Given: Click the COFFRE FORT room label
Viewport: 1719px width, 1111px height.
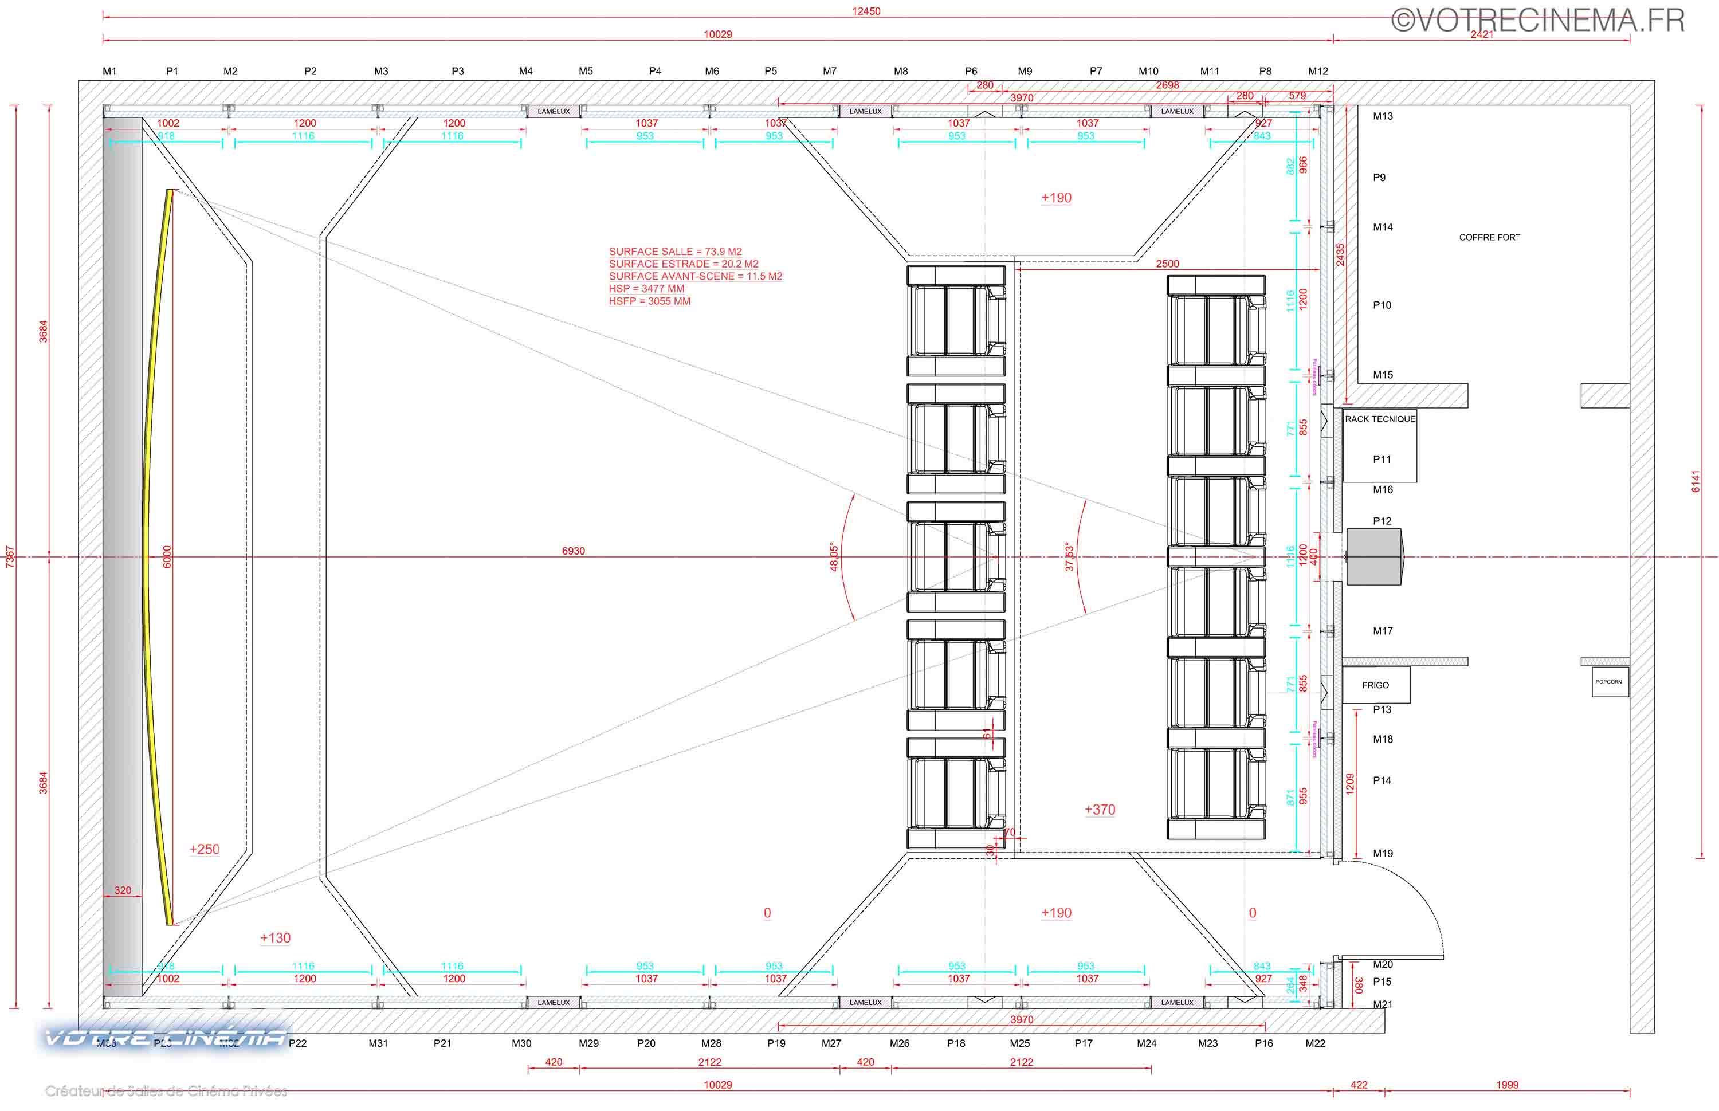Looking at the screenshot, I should coord(1489,237).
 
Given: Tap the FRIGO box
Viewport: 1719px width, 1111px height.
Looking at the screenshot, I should coord(1375,685).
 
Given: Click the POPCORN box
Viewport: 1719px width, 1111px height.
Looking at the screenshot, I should coord(1608,682).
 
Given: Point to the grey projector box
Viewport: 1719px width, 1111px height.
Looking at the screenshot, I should coord(1373,556).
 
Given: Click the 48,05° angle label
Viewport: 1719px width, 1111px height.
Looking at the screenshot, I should coord(834,557).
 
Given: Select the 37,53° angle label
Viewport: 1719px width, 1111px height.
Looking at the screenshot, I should coord(1069,557).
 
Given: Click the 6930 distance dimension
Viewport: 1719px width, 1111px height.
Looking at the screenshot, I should coord(574,551).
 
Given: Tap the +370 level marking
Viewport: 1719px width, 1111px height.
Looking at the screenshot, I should coord(1100,810).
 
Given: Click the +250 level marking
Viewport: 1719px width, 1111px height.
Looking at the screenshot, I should coord(204,849).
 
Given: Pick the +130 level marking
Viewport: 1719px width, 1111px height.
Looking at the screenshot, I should coord(275,938).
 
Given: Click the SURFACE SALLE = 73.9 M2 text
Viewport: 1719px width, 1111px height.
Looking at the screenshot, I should coord(675,252).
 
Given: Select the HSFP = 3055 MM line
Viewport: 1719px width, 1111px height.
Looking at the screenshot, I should coord(649,301).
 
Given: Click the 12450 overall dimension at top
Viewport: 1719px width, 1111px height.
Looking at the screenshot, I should coord(866,11).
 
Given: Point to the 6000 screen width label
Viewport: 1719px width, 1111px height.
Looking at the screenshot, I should coord(167,556).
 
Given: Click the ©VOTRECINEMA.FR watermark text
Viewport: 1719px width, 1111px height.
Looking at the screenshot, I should coord(1537,20).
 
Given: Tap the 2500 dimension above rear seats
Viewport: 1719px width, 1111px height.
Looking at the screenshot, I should coord(1167,264).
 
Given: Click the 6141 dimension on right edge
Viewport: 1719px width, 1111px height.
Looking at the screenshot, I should coord(1695,481).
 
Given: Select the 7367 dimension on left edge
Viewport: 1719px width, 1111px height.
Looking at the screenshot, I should coord(9,556).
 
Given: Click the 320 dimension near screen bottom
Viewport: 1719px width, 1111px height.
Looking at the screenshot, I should coord(123,890).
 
